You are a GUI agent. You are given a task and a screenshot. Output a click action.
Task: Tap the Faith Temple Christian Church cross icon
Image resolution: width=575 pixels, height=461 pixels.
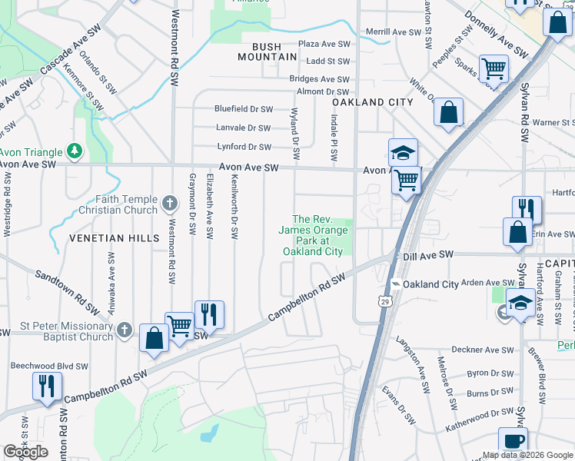(171, 204)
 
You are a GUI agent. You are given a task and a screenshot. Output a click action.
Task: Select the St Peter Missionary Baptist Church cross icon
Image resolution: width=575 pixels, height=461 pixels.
(126, 330)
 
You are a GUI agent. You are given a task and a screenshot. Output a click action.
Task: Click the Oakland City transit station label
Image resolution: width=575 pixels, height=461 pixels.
(430, 284)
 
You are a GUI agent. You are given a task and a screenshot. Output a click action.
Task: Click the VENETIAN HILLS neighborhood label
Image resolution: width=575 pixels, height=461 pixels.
(113, 238)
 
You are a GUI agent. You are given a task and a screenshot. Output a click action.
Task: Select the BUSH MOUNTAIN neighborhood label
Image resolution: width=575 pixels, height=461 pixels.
(267, 51)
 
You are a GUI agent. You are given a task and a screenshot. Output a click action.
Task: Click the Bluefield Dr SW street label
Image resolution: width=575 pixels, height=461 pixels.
(244, 109)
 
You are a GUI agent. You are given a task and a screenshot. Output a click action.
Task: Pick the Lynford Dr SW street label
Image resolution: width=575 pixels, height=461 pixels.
(244, 147)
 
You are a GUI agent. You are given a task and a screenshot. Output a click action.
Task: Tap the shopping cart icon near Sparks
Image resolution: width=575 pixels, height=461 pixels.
(494, 70)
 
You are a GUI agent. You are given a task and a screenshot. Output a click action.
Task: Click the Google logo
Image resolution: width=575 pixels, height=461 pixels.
(25, 451)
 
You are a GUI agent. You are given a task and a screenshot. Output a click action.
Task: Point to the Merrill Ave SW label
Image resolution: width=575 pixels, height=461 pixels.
(395, 32)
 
